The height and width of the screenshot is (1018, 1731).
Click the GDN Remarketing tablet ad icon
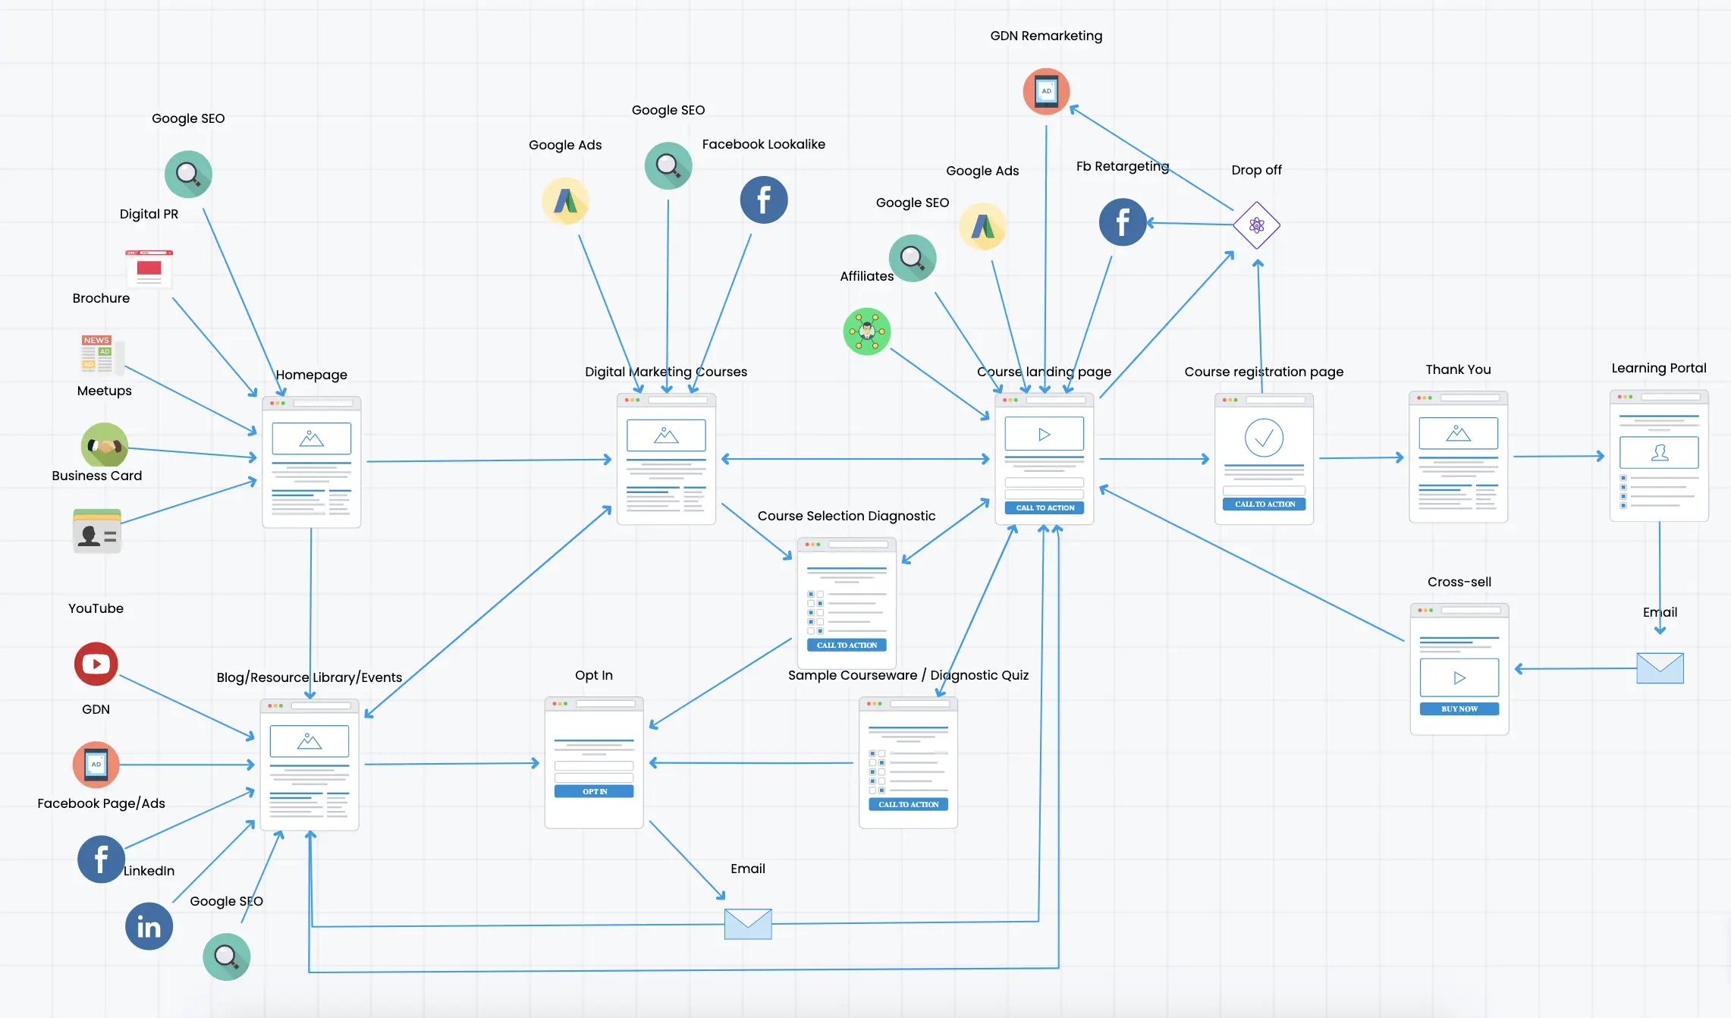pos(1046,91)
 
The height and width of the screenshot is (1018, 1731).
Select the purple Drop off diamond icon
pos(1256,225)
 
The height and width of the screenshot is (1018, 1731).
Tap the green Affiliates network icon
pos(866,331)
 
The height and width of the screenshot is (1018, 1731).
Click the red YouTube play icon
pos(96,664)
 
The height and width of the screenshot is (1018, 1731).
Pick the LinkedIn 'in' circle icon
pos(149,926)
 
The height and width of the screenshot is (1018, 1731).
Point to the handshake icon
pos(104,445)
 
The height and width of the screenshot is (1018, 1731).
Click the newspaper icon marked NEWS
pos(102,354)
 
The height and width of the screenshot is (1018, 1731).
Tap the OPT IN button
pos(594,791)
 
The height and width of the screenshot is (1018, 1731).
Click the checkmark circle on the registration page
pos(1264,437)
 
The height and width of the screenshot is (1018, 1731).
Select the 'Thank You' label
pos(1458,369)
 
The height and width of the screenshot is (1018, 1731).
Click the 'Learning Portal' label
pos(1658,368)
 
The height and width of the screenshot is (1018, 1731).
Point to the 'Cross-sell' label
pos(1459,582)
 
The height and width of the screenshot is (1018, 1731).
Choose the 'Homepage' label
pos(311,375)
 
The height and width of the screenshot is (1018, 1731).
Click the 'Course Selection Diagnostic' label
pos(846,516)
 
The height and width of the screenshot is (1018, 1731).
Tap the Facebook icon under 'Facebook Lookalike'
pos(763,200)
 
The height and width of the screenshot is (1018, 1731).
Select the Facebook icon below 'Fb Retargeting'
pos(1123,222)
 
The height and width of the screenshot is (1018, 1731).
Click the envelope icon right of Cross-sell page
pos(1660,668)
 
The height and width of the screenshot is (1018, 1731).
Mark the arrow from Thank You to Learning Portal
pos(1559,457)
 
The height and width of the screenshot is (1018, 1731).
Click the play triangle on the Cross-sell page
pos(1459,678)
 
